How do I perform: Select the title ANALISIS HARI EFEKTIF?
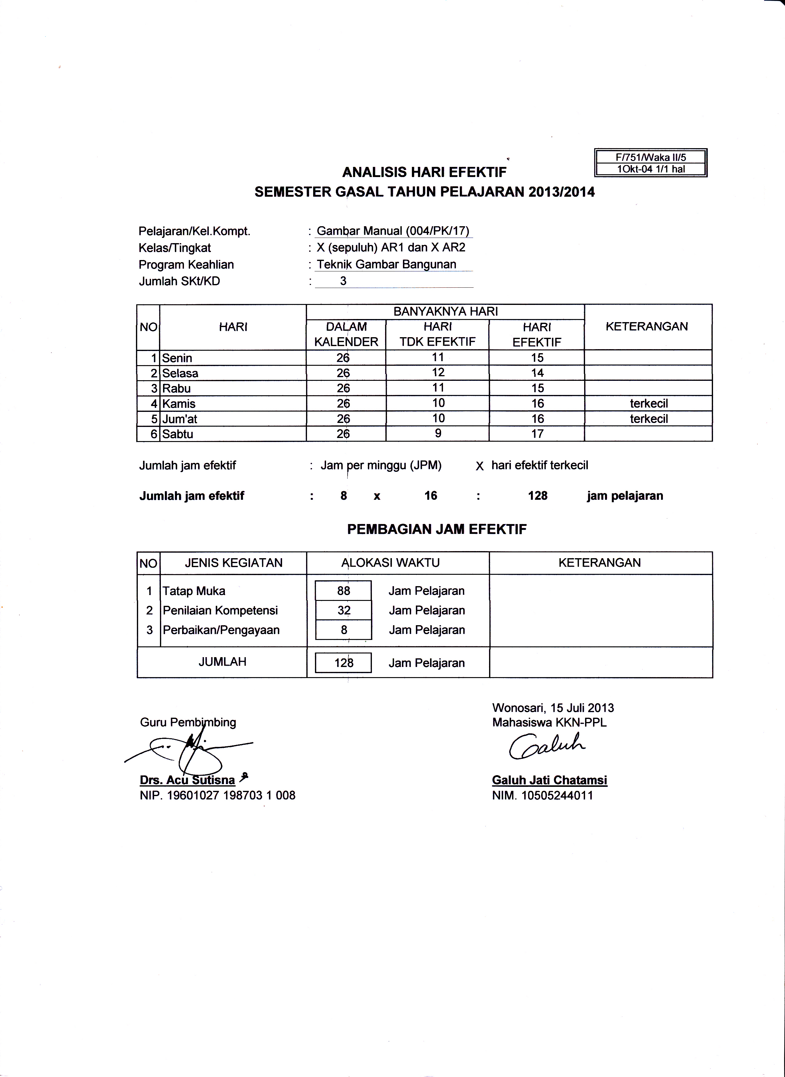pos(424,172)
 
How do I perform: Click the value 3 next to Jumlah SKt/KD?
pos(343,281)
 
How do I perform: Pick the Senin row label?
pos(177,358)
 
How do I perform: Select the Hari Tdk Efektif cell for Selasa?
pos(438,373)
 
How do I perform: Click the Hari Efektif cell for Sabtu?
pos(537,434)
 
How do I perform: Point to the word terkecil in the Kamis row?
pos(649,404)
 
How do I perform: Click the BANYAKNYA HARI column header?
pos(445,312)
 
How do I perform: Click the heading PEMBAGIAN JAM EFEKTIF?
pos(437,530)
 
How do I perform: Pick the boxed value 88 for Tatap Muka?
pos(344,591)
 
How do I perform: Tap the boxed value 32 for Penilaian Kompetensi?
pos(344,610)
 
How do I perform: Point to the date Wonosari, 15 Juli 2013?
pos(553,708)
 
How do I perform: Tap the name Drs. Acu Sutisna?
pos(187,780)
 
